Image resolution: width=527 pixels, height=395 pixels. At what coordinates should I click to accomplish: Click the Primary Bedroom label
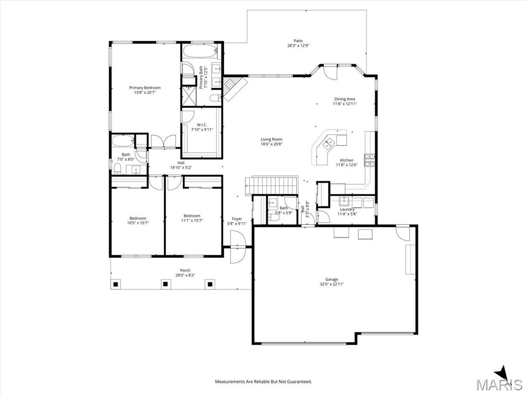pos(145,87)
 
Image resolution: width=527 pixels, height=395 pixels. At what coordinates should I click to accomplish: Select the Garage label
pos(332,279)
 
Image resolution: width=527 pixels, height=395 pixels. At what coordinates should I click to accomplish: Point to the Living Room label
pos(272,139)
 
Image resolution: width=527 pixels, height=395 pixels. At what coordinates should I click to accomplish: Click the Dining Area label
pos(344,99)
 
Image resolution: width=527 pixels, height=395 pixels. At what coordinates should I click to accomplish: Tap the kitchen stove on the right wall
pos(370,160)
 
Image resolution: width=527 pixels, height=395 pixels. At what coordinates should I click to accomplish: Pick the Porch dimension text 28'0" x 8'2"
pos(185,275)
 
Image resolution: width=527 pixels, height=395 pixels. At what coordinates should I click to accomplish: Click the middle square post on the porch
pos(165,284)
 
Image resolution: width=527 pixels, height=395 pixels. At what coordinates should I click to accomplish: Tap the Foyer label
pos(237,219)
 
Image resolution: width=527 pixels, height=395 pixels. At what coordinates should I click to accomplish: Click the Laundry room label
pos(347,209)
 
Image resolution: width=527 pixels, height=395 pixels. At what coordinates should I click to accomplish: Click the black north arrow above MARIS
pos(502,373)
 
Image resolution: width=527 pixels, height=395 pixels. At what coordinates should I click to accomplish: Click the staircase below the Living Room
pos(272,185)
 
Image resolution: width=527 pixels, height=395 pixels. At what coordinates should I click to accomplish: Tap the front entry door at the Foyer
pos(237,247)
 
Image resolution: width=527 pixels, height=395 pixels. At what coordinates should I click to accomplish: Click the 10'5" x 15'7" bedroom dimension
pos(138,223)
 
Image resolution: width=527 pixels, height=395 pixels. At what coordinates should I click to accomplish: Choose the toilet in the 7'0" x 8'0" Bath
pos(118,169)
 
